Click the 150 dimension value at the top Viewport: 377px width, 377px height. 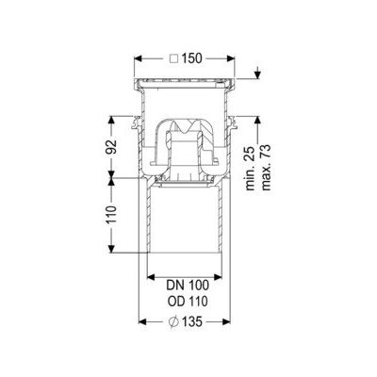191,58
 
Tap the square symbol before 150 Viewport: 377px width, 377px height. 173,58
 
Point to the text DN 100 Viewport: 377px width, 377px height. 188,286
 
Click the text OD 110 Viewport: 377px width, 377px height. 188,302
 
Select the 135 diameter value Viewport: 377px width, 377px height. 191,321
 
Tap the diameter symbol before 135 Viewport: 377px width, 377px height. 173,321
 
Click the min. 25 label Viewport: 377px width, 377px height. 251,168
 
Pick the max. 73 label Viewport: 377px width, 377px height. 266,167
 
